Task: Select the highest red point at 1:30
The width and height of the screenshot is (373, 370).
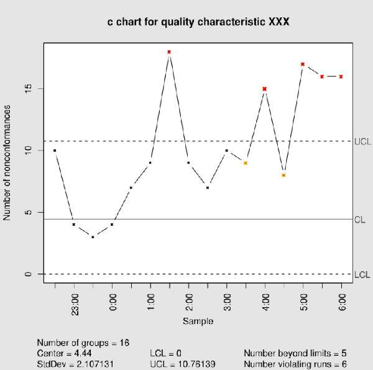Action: (169, 52)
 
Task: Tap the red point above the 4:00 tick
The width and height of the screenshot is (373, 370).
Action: (265, 89)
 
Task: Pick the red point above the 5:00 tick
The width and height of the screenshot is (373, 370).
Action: (303, 64)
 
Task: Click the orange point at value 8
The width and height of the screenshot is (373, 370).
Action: (283, 175)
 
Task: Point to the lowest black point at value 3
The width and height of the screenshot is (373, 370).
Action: (93, 237)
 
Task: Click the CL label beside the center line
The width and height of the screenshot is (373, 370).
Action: (359, 220)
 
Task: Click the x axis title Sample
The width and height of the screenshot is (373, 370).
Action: (198, 321)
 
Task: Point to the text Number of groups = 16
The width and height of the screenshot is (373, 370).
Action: (83, 343)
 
